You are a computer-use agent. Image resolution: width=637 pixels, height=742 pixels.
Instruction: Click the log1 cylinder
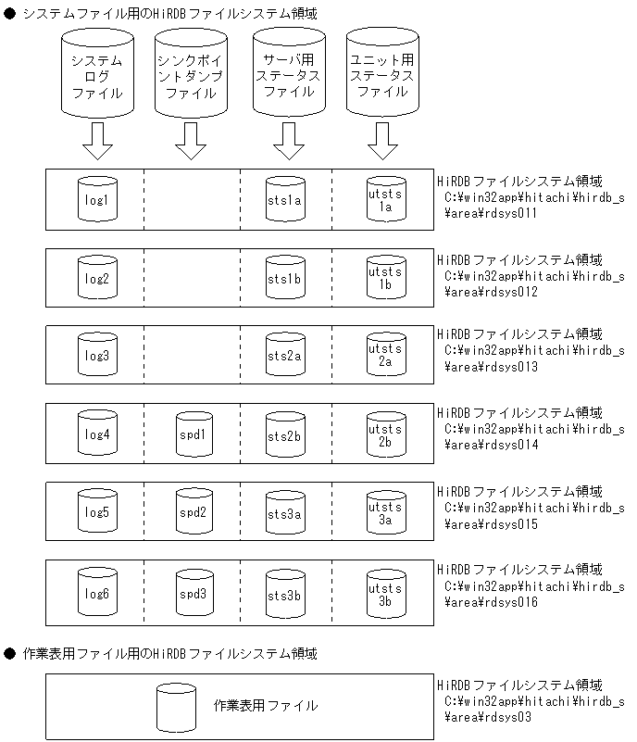97,199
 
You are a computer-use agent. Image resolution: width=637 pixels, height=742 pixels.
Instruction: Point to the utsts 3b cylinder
385,594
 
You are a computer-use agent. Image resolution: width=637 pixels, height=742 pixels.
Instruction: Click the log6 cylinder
97,593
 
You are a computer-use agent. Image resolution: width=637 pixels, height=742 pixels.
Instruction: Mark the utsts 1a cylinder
385,200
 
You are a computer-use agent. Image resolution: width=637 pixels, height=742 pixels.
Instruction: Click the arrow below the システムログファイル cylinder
97,142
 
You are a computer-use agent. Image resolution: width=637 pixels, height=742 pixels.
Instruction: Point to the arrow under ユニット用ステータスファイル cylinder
382,142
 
